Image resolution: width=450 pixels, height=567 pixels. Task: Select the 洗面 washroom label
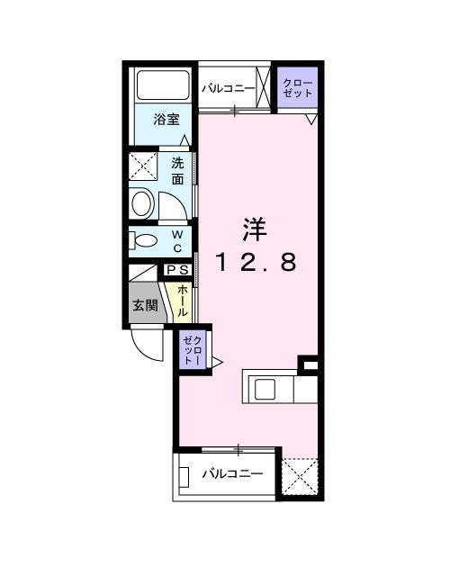coord(177,171)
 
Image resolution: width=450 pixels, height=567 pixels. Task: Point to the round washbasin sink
coord(142,202)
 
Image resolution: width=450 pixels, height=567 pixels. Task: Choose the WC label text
coord(177,241)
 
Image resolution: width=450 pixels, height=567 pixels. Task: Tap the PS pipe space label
coord(177,269)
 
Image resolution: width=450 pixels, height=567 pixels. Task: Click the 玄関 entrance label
coord(145,305)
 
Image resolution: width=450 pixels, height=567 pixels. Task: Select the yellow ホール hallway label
coord(183,300)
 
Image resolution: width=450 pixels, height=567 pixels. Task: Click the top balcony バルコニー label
coord(227,88)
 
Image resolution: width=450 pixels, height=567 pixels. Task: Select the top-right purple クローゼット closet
coord(297,88)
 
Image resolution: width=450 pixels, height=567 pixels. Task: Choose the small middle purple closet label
coord(193,348)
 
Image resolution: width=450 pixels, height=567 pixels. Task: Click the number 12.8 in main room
coord(255,262)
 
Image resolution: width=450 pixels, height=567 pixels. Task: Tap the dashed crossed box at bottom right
coord(300,476)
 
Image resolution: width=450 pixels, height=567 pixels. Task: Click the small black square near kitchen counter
coord(309,364)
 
